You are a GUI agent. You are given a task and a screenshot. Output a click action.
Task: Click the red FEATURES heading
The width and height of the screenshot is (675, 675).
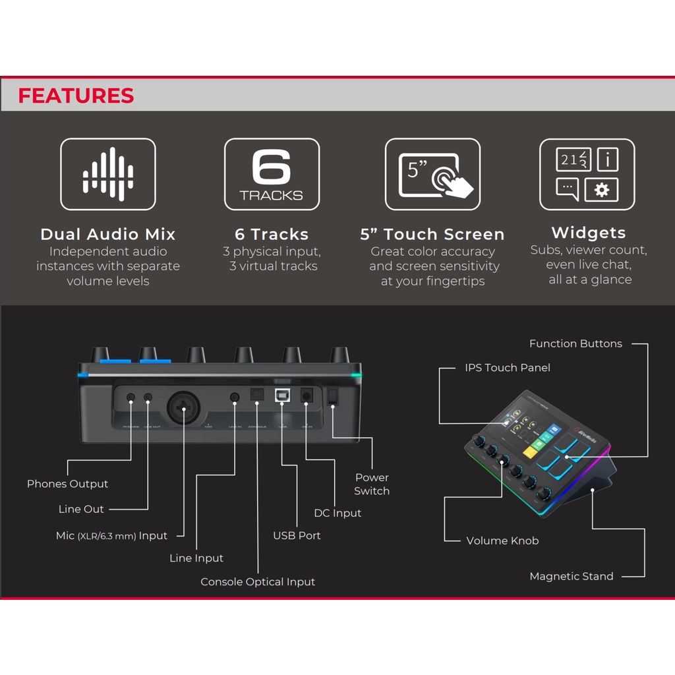(76, 96)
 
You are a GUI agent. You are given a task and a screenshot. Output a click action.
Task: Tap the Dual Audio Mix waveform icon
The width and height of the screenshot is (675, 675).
(108, 174)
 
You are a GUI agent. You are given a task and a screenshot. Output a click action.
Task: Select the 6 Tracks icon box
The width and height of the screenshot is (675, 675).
(272, 174)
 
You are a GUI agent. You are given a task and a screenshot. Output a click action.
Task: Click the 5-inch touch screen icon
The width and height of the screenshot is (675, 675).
(432, 174)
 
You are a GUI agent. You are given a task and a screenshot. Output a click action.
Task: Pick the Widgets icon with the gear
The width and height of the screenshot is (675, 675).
(587, 174)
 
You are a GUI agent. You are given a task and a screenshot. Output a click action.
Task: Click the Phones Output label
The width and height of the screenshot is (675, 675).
(67, 484)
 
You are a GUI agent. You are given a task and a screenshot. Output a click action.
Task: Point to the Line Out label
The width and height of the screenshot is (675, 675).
(81, 509)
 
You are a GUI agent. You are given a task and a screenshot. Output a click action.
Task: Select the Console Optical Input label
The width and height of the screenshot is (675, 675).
(258, 582)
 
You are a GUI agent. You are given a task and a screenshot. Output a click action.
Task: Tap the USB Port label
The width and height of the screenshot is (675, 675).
(297, 535)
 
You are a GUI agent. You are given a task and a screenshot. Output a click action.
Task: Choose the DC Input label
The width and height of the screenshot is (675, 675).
(337, 513)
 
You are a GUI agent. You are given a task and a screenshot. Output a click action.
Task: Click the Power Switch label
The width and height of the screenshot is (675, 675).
(372, 484)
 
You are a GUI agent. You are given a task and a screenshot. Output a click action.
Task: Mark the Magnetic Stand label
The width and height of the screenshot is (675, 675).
(572, 576)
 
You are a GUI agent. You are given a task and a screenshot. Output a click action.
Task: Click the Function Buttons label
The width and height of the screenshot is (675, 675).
(575, 343)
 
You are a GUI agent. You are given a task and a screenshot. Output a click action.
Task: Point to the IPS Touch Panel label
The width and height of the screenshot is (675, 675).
(508, 368)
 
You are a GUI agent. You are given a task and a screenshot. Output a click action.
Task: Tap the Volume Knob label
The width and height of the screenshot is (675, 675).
(502, 541)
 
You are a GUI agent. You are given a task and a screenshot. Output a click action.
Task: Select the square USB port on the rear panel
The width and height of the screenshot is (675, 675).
(282, 396)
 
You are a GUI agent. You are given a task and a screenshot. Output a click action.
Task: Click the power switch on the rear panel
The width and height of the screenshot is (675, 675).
(333, 396)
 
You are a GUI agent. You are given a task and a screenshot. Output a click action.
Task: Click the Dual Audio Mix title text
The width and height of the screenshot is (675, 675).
(108, 234)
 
